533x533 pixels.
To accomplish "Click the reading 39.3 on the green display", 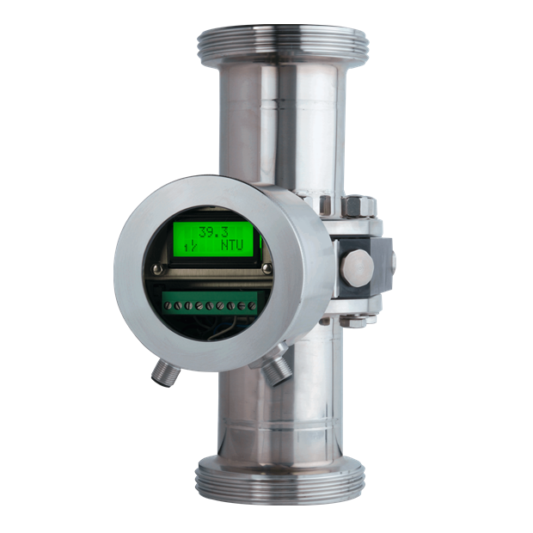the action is point(213,232).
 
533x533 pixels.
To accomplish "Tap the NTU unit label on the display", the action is point(232,245).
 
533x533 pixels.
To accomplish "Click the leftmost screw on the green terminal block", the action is point(167,305).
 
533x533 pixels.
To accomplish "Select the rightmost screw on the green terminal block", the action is point(252,305).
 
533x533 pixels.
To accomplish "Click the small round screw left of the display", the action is point(157,269).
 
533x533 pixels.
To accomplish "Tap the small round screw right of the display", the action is point(267,269).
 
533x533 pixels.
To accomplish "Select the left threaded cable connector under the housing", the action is point(165,374).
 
